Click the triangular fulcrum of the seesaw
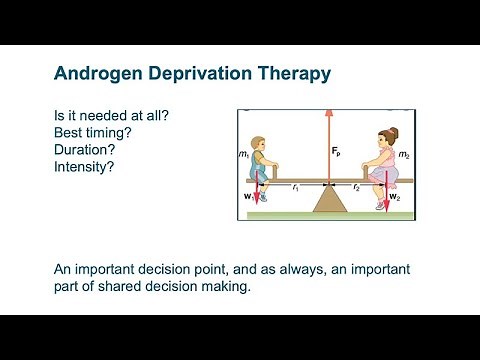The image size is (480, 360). [327, 198]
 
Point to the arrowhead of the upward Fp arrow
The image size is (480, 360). [327, 115]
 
